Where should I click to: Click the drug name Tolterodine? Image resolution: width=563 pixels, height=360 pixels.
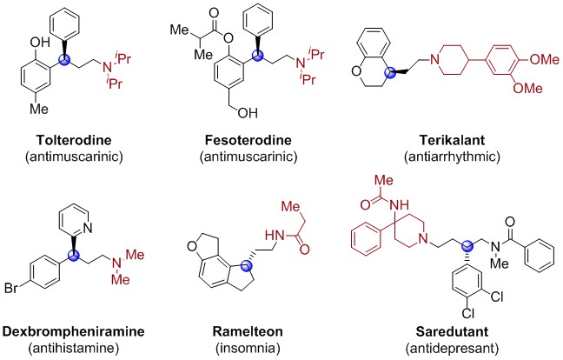(74, 140)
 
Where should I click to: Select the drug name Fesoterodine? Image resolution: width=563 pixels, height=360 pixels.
(248, 140)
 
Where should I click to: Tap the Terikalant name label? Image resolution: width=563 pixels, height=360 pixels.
(452, 140)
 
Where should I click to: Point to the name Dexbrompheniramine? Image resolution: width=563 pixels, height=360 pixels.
(73, 331)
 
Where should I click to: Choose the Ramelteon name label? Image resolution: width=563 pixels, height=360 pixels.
(248, 331)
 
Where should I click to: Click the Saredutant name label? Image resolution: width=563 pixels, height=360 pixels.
(452, 331)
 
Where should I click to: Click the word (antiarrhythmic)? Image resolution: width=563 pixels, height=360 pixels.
(452, 157)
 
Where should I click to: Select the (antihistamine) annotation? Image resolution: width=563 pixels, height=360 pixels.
(73, 348)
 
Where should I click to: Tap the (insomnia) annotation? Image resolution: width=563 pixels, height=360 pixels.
(248, 348)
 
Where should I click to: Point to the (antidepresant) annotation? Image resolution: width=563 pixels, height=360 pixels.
(452, 348)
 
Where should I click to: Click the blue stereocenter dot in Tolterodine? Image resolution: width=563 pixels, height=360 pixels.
(65, 60)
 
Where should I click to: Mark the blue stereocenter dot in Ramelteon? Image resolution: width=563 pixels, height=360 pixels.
(247, 266)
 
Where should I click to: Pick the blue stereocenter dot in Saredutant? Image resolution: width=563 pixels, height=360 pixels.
(467, 246)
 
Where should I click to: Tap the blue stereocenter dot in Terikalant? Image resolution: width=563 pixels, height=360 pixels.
(389, 72)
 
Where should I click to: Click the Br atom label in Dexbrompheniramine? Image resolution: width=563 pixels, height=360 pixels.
(11, 288)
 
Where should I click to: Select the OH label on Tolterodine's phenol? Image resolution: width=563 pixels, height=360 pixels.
(40, 43)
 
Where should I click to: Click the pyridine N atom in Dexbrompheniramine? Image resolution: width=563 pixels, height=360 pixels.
(88, 228)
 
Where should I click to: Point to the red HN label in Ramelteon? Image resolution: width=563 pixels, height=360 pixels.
(274, 236)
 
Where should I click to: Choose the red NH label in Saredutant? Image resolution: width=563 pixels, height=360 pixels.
(400, 205)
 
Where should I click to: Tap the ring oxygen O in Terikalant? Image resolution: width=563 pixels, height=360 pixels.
(356, 71)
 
